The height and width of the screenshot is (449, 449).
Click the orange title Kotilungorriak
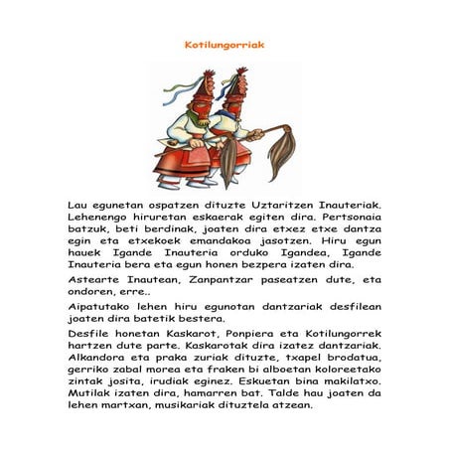tap(224, 45)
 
